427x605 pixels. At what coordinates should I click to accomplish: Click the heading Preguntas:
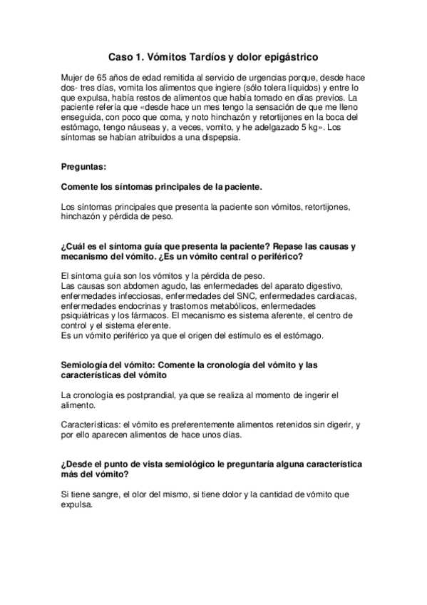pos(84,167)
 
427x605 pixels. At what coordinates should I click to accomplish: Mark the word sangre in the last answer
pos(108,493)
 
